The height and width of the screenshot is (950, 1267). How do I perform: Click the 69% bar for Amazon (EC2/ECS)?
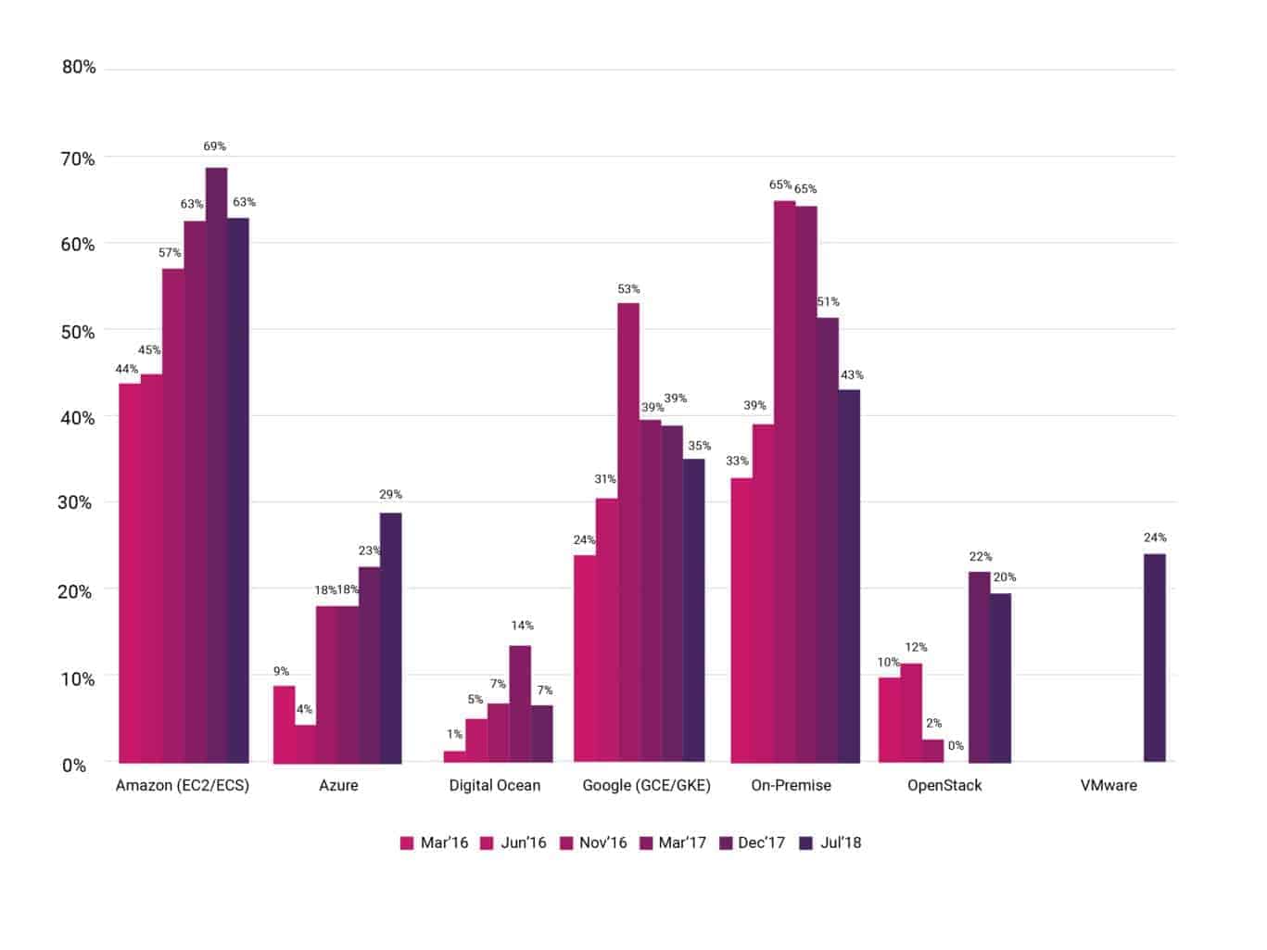coord(216,463)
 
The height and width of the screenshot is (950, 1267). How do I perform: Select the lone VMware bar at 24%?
coord(1154,658)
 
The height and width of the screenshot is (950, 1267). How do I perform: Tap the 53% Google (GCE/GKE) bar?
coord(628,533)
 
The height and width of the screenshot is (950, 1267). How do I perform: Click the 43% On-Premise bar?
coord(849,576)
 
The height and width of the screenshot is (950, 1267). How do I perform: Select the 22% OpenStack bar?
coord(979,667)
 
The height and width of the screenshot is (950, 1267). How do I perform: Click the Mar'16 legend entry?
coord(434,842)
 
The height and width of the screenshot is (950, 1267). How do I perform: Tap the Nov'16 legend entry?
coord(593,842)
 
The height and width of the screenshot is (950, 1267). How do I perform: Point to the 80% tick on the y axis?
coord(79,67)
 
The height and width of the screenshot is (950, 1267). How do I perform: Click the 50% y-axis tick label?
coord(79,332)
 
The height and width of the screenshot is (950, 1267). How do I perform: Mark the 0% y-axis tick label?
coord(74,766)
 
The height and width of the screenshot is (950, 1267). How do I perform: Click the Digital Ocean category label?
coord(494,785)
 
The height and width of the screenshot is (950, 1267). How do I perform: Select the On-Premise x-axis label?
coord(791,785)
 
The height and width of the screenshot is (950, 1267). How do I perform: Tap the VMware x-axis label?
coord(1109,785)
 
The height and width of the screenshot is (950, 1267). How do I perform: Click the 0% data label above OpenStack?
coord(956,746)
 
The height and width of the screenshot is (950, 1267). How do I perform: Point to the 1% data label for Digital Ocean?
coord(454,734)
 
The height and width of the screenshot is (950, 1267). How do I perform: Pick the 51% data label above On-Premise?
coord(828,301)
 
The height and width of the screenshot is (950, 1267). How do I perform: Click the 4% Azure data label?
coord(304,709)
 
